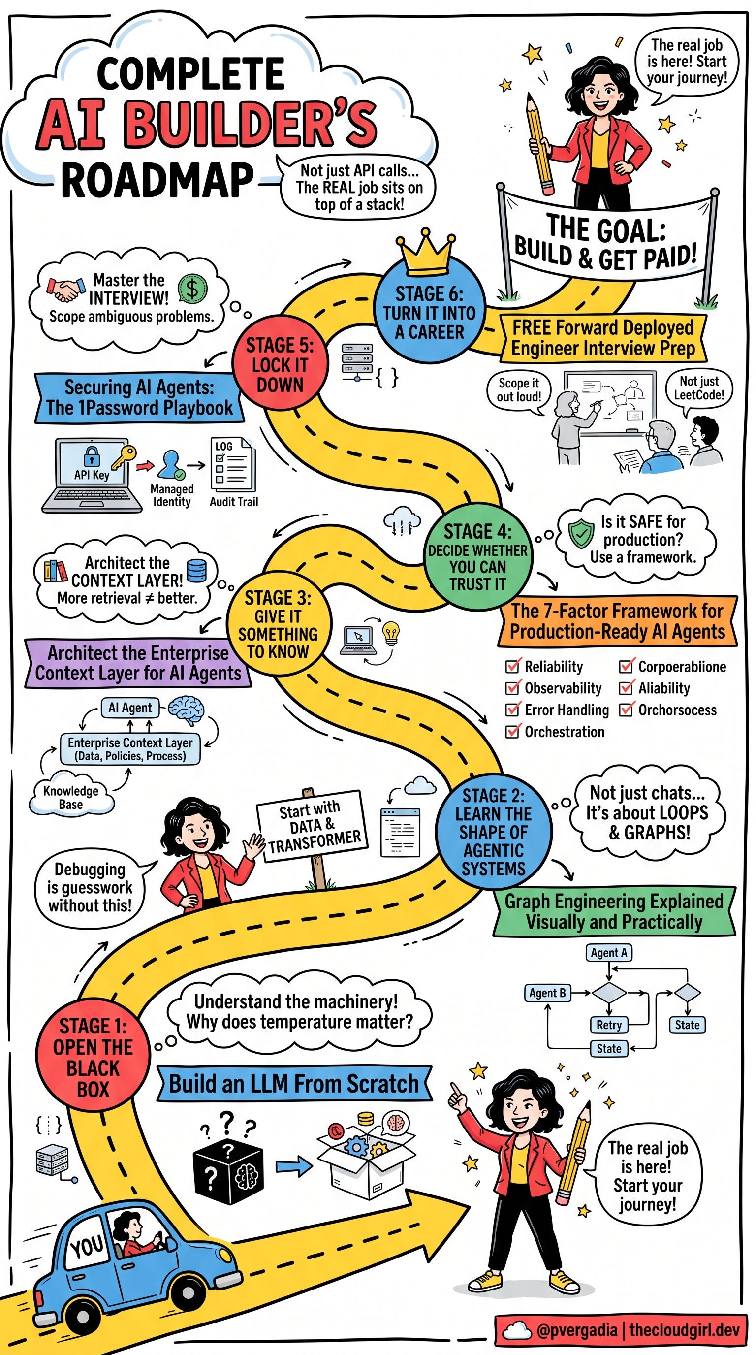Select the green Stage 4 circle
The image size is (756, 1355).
click(x=477, y=556)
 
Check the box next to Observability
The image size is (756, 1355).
click(x=512, y=688)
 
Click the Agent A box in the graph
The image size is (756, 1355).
click(x=608, y=953)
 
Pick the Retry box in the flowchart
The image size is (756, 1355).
click(x=609, y=1025)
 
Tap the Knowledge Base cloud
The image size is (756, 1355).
click(x=71, y=798)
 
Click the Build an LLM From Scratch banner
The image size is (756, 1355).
click(x=293, y=1084)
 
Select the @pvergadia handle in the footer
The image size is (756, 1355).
click(x=577, y=1330)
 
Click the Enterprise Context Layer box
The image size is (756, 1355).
click(x=130, y=748)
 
